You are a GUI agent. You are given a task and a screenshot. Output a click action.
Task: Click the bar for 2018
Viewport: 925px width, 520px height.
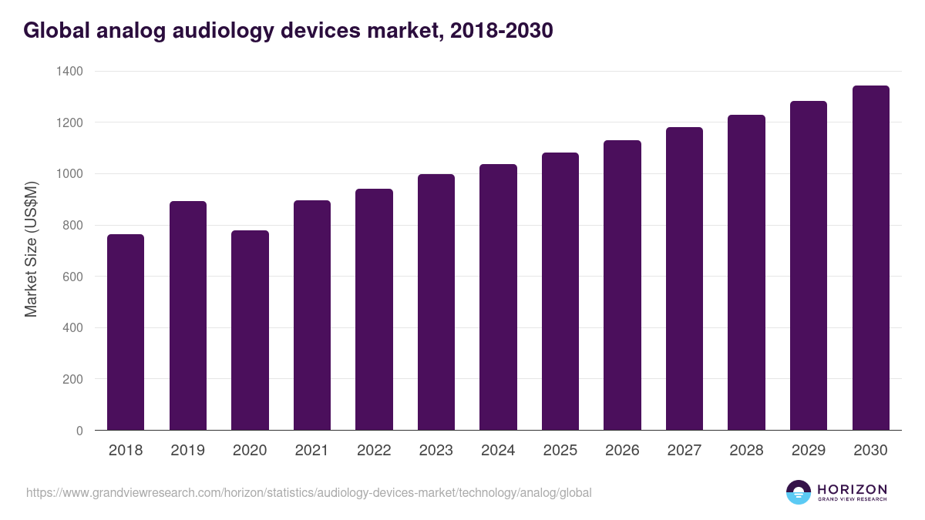126,332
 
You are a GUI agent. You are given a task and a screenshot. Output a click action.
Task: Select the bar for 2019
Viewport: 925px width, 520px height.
188,316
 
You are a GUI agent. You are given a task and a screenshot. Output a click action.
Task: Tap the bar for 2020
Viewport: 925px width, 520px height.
250,330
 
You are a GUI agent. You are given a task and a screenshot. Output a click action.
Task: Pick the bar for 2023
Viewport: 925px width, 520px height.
436,302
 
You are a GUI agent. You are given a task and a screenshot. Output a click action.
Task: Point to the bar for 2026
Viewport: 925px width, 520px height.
622,285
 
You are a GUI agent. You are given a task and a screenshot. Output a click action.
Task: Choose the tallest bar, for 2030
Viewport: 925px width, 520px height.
870,258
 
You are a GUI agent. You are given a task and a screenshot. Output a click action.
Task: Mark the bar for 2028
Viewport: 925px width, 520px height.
746,273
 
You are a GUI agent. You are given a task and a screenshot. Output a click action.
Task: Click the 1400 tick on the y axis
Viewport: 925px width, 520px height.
69,71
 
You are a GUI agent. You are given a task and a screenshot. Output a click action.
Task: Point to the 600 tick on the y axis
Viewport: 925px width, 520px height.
74,277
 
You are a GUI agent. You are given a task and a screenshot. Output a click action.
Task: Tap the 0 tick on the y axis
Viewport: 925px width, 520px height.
79,431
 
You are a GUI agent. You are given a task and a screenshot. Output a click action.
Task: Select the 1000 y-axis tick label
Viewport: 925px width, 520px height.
69,174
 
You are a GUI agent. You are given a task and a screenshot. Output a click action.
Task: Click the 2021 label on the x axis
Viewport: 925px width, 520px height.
312,451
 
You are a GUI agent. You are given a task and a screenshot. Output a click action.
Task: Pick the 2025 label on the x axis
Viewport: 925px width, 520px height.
560,451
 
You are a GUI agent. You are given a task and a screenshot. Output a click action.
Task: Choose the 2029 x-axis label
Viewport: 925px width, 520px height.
809,451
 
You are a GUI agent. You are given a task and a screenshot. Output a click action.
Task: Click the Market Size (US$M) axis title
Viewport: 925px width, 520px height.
31,248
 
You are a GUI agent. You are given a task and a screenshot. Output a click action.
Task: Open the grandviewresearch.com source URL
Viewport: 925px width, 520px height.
309,492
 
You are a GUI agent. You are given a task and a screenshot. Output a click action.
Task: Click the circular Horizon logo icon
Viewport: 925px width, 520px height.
799,492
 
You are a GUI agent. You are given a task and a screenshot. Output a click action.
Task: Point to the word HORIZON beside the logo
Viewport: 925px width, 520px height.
853,488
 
